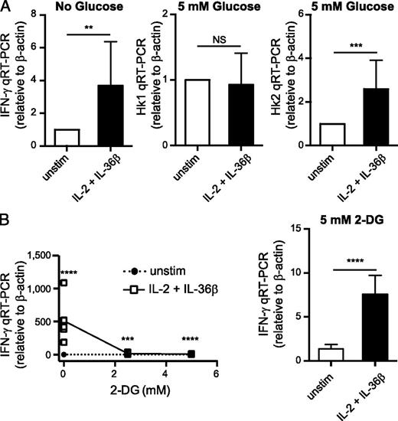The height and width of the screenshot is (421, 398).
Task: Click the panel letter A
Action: [x=7, y=8]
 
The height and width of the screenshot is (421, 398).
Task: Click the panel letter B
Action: [x=7, y=222]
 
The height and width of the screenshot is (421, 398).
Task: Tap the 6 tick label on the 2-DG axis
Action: [x=217, y=373]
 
